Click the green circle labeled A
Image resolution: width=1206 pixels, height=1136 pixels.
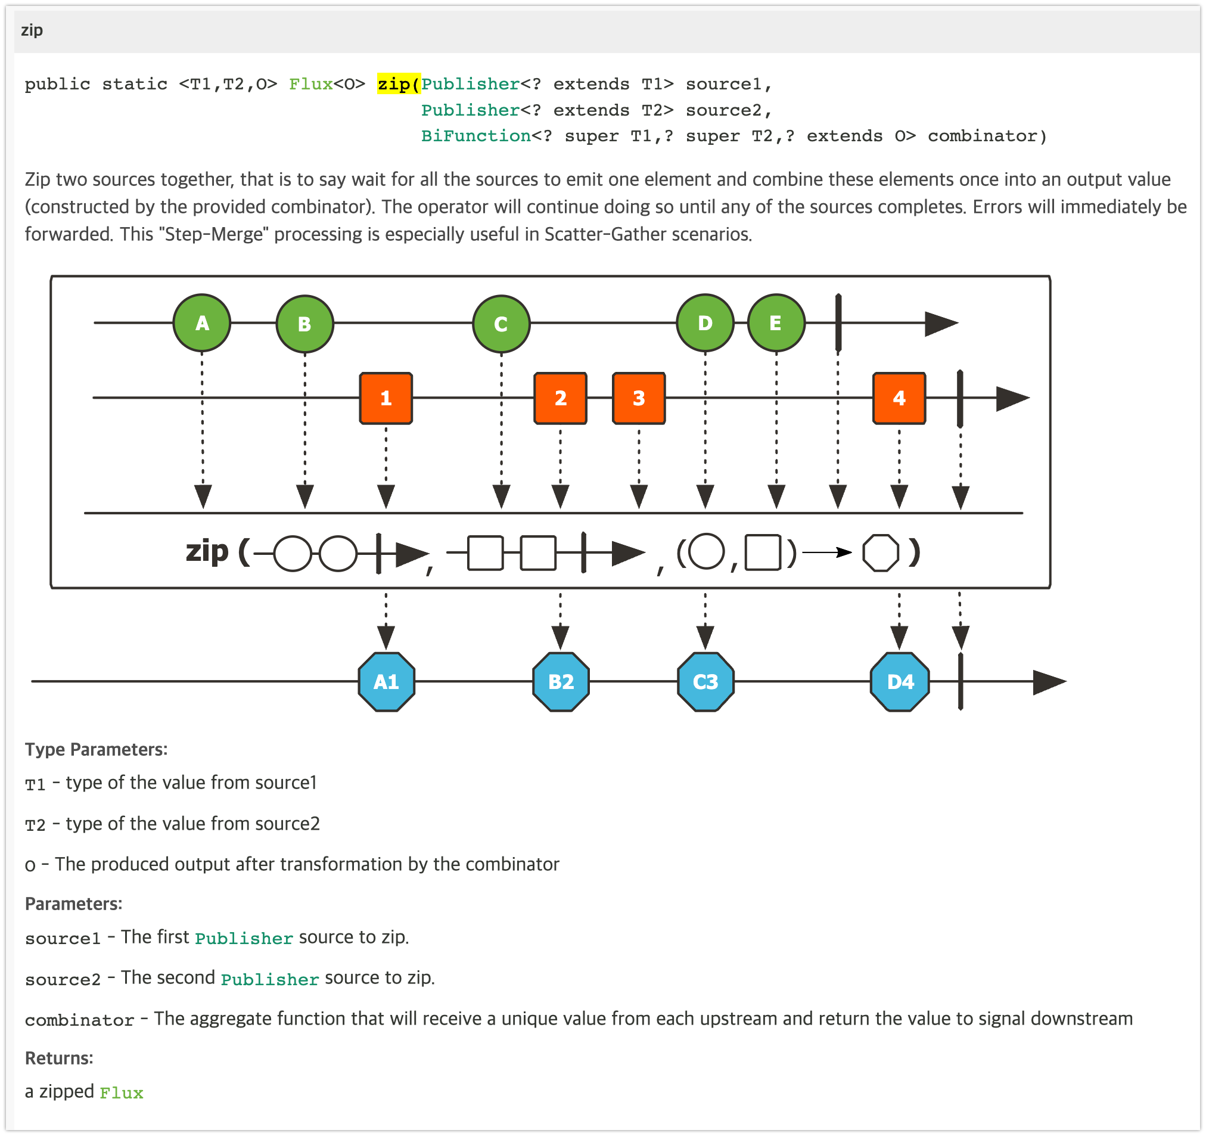tap(202, 323)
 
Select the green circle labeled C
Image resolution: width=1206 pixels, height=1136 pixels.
tap(501, 324)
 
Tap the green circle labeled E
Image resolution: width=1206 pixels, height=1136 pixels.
tap(776, 323)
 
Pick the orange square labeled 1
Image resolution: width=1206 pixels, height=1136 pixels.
tap(386, 398)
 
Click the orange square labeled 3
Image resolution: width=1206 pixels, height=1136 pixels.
tap(639, 398)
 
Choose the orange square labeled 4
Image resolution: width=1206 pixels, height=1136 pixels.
tap(899, 398)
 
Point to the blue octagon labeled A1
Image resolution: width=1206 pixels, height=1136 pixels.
tap(387, 681)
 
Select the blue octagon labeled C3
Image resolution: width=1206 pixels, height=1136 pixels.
tap(705, 681)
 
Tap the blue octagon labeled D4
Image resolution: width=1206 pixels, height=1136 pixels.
tap(900, 681)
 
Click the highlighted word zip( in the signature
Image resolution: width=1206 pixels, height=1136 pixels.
tap(399, 84)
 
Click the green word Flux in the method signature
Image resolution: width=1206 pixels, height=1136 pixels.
tap(310, 84)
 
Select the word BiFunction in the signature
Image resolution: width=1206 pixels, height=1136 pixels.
tap(475, 136)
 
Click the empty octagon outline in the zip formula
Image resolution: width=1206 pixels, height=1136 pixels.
tap(880, 553)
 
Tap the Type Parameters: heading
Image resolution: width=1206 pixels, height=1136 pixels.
tap(96, 749)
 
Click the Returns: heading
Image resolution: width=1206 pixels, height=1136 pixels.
tap(59, 1058)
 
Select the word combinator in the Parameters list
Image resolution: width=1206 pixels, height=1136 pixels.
tap(79, 1020)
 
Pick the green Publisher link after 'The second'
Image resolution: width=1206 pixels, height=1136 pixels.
tap(269, 979)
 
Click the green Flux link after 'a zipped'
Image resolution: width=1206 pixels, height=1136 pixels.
tap(122, 1093)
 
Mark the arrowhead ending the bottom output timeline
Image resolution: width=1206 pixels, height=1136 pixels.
tap(1049, 681)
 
